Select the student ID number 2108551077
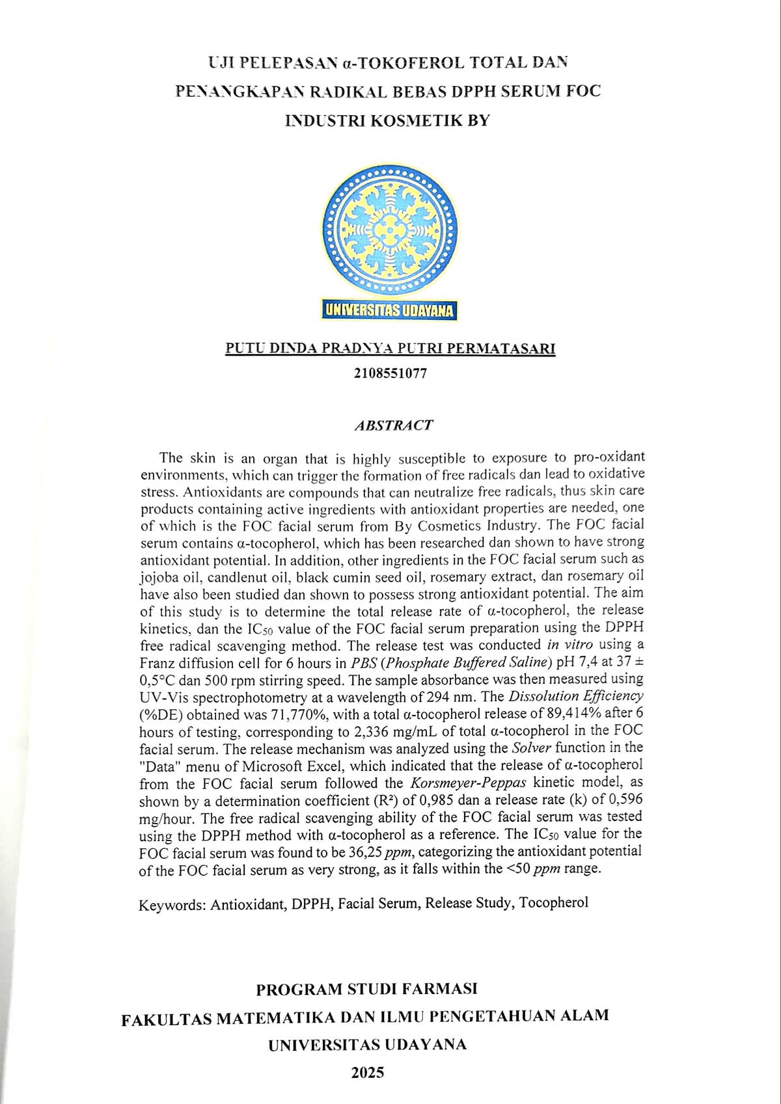point(390,373)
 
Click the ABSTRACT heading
point(393,425)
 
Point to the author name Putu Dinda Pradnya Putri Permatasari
point(390,348)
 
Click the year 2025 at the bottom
point(368,1073)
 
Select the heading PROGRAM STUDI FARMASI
point(366,990)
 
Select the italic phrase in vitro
point(569,645)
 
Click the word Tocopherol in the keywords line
point(554,902)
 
